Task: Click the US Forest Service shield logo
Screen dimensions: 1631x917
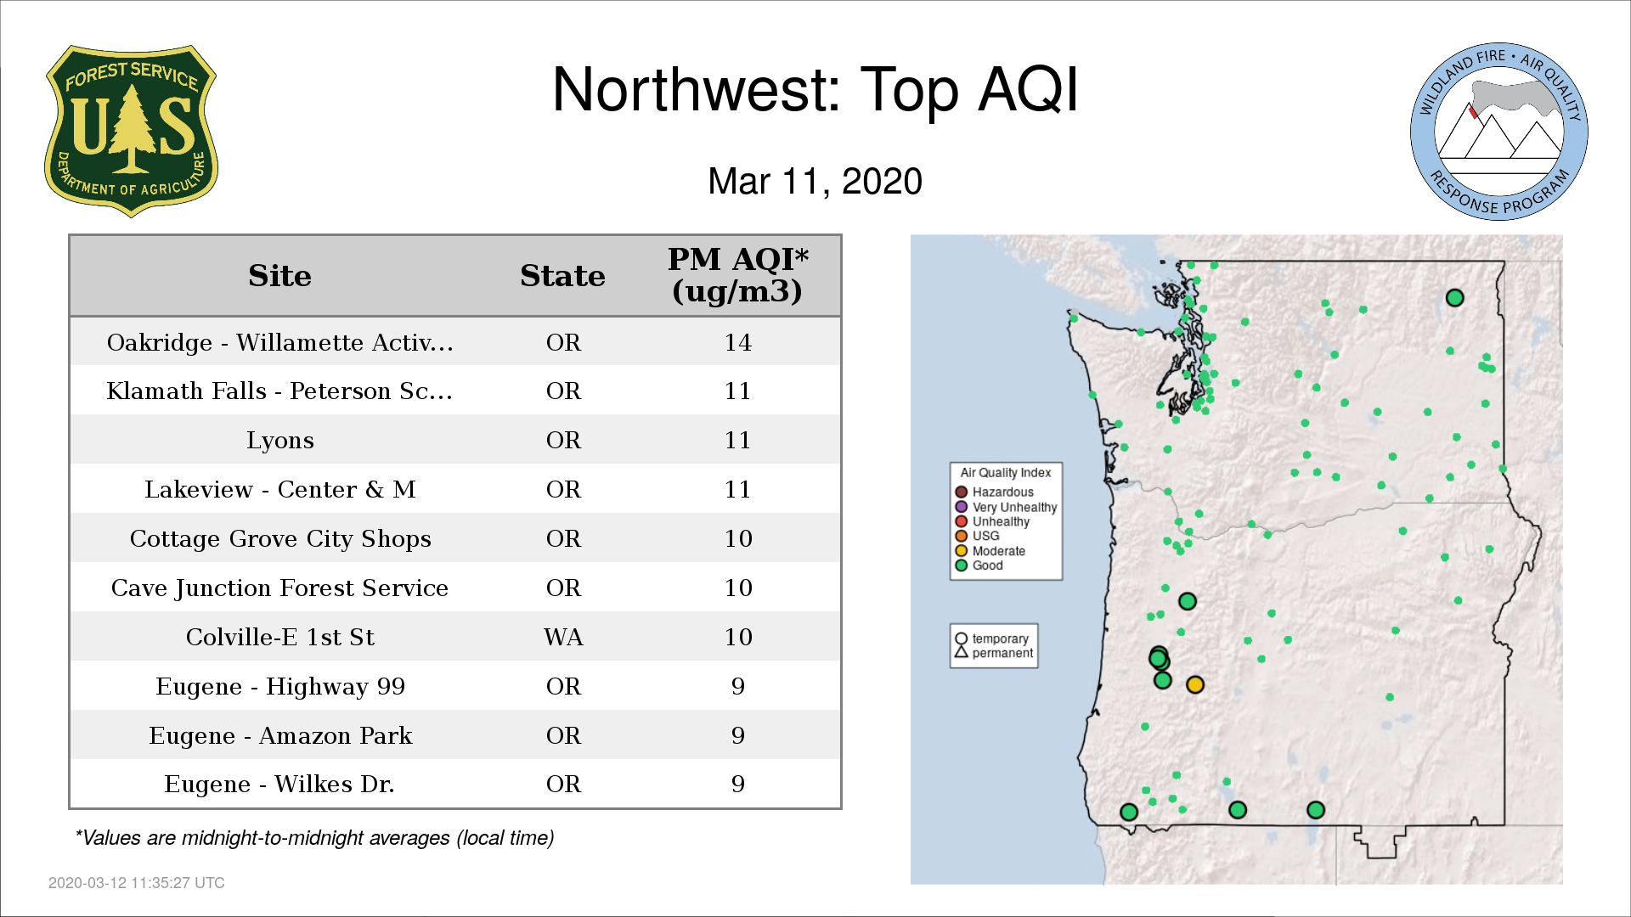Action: point(131,131)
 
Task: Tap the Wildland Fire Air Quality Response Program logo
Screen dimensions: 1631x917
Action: point(1499,132)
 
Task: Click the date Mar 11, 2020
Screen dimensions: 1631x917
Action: point(815,182)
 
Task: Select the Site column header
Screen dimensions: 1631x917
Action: point(279,276)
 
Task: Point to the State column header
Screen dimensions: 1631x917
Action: point(562,276)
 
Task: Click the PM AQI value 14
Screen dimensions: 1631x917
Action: point(737,342)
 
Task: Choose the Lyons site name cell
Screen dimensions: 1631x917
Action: point(280,441)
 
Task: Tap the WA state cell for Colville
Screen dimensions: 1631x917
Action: point(563,637)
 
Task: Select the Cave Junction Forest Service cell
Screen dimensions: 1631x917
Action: point(279,588)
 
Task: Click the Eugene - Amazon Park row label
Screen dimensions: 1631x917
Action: point(280,735)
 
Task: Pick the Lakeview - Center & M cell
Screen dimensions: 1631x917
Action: point(280,489)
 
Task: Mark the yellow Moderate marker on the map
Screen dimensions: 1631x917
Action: point(1195,684)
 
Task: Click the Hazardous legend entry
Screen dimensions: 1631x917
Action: point(994,492)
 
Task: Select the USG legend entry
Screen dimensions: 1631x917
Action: point(977,536)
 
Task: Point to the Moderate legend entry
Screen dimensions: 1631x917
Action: point(990,551)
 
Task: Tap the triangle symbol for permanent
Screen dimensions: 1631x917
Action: point(962,652)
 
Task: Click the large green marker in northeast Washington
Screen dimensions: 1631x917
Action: point(1454,298)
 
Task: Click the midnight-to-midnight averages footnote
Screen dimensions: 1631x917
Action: point(314,838)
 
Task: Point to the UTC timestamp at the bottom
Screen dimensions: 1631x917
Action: point(137,883)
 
